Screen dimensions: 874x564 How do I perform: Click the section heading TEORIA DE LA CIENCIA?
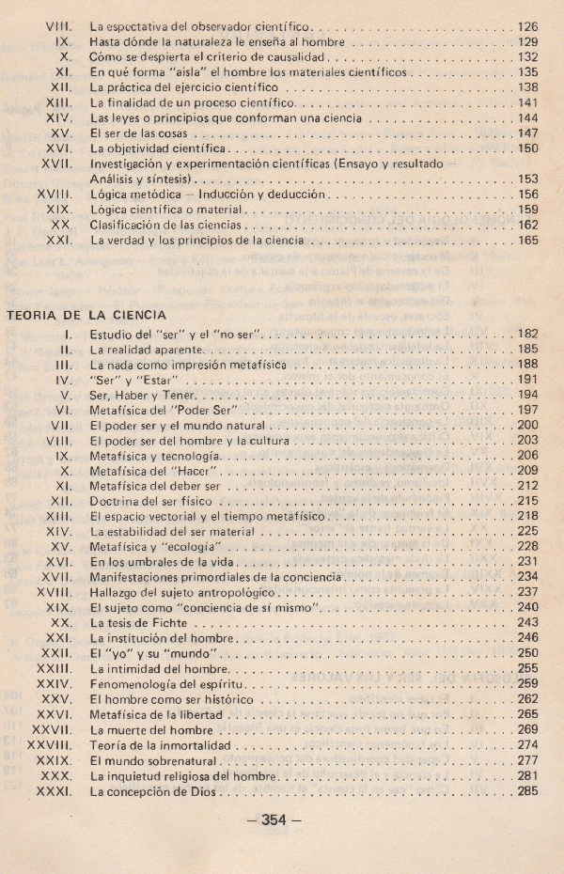pyautogui.click(x=86, y=315)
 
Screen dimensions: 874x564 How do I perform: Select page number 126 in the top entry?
pyautogui.click(x=527, y=28)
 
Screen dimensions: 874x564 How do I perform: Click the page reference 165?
pyautogui.click(x=527, y=241)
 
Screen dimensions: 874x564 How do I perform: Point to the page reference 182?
pyautogui.click(x=527, y=334)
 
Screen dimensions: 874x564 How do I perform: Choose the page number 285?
pyautogui.click(x=527, y=792)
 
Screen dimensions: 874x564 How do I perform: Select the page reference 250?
pyautogui.click(x=527, y=653)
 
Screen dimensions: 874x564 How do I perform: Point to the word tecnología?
pyautogui.click(x=192, y=455)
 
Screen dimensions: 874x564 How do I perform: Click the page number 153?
pyautogui.click(x=527, y=179)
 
